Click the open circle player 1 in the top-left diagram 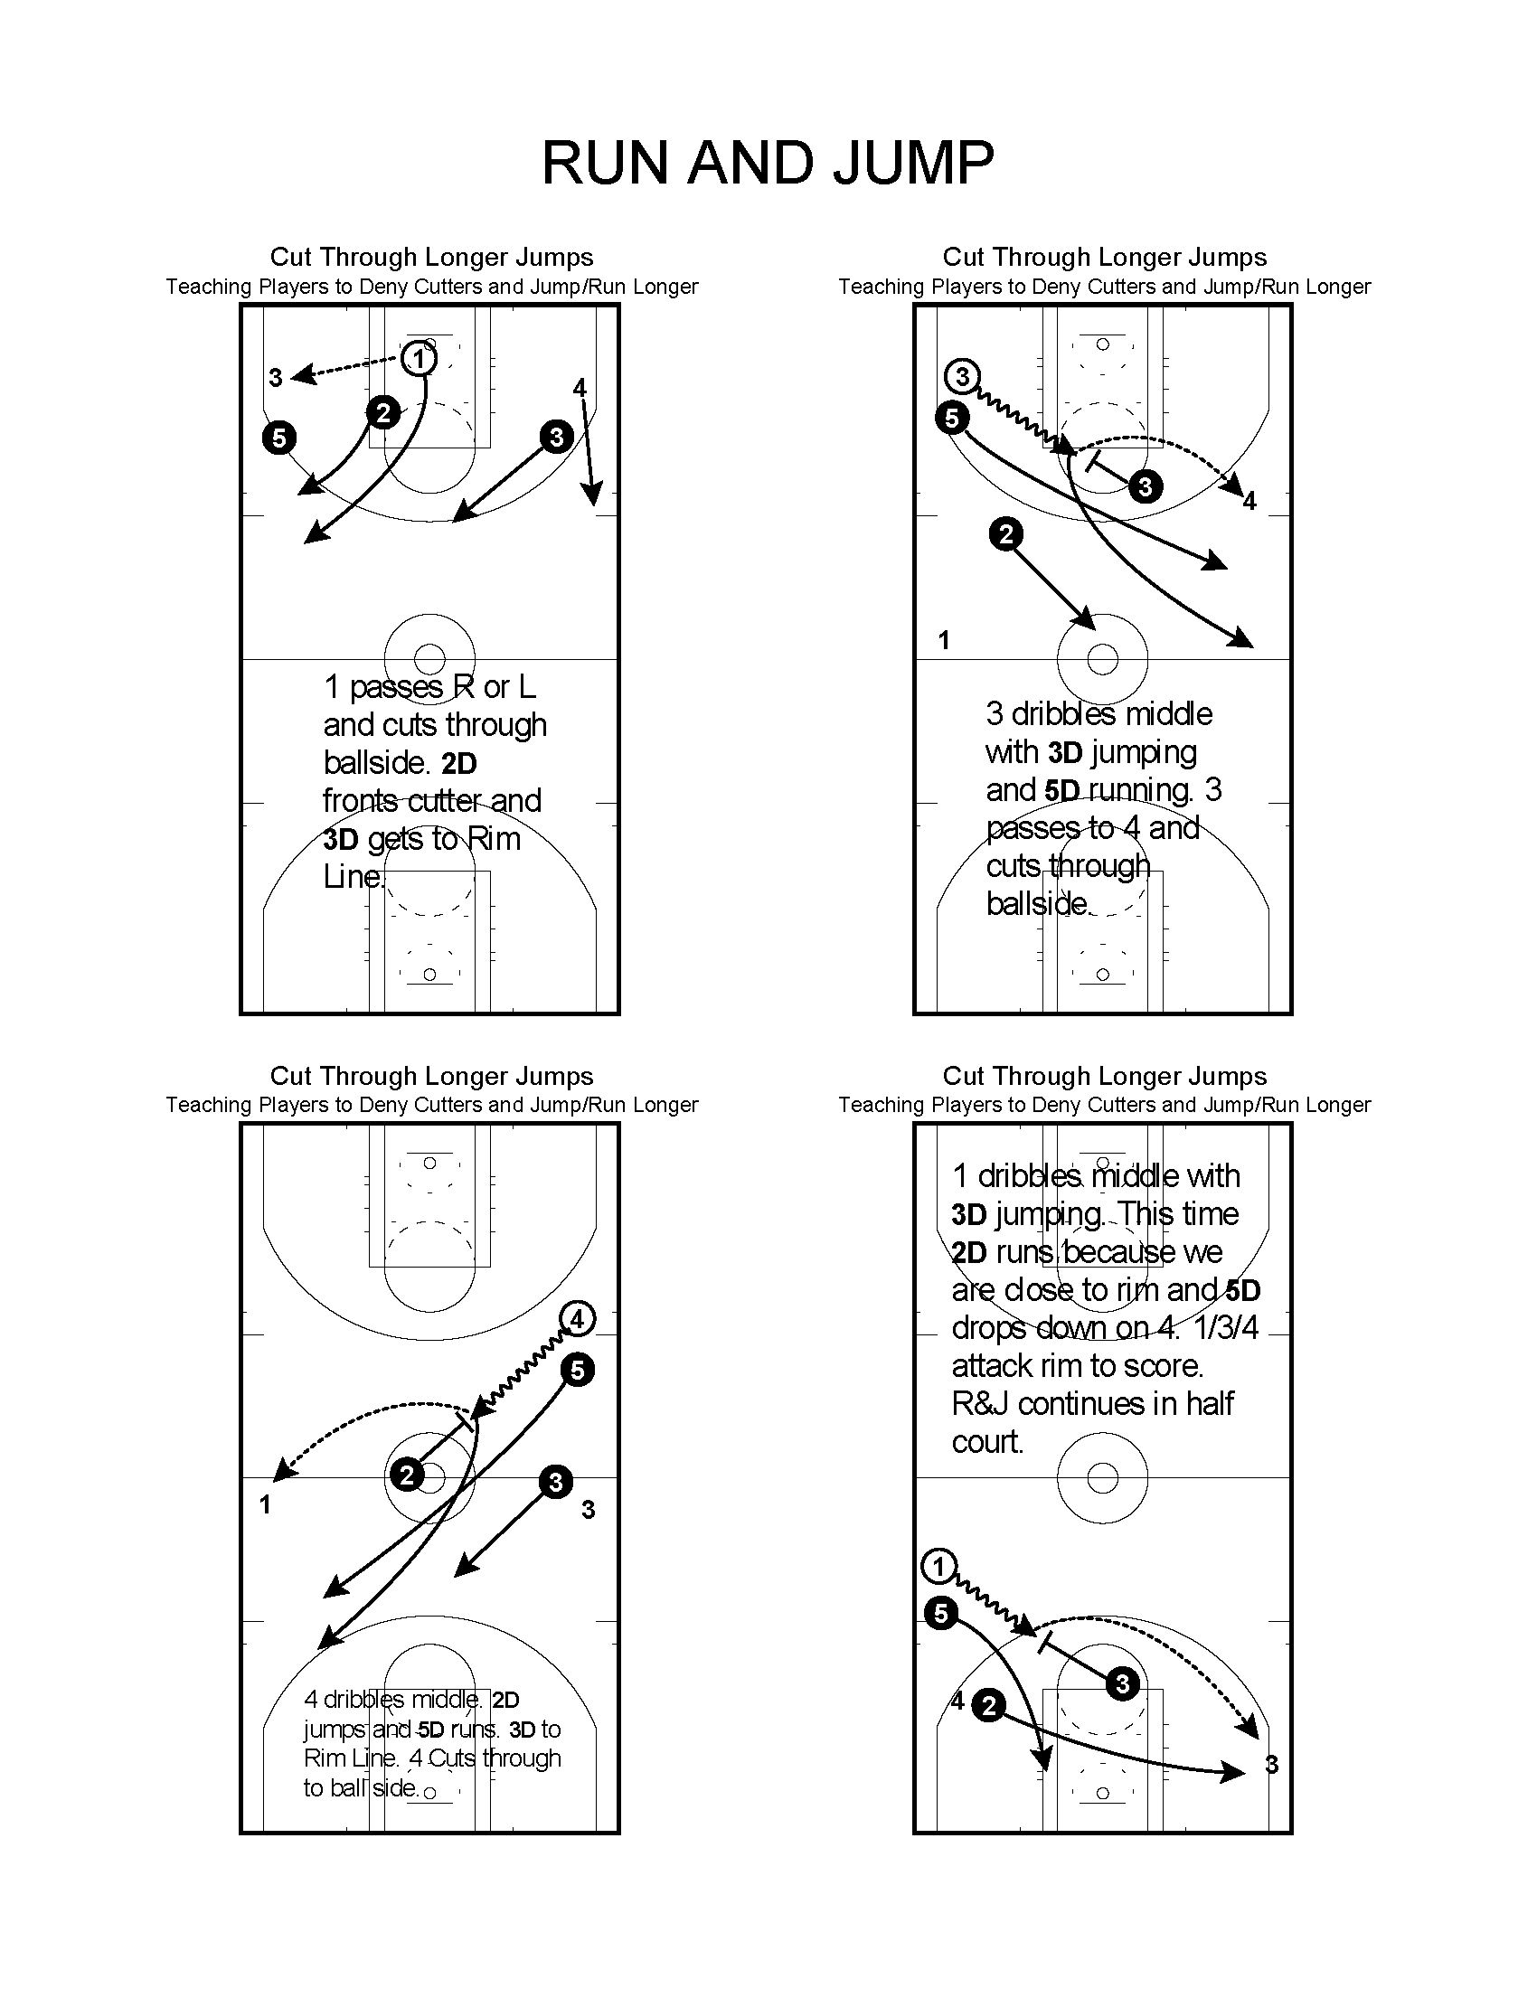(x=419, y=358)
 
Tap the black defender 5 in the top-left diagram (x=278, y=438)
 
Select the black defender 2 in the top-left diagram (x=383, y=412)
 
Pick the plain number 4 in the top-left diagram (x=580, y=388)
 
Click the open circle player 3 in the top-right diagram (x=962, y=376)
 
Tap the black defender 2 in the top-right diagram (x=1005, y=533)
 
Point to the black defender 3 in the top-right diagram (x=1146, y=486)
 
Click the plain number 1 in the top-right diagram (x=944, y=641)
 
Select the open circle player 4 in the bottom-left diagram (x=577, y=1319)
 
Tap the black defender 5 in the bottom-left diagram (x=578, y=1370)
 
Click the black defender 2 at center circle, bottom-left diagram (x=407, y=1475)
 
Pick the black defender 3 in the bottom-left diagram (x=555, y=1482)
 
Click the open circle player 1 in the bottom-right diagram (x=938, y=1567)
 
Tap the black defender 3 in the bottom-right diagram (x=1122, y=1684)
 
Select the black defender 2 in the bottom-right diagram (x=989, y=1705)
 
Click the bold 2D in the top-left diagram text (x=459, y=763)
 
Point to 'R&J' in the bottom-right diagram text (x=979, y=1403)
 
